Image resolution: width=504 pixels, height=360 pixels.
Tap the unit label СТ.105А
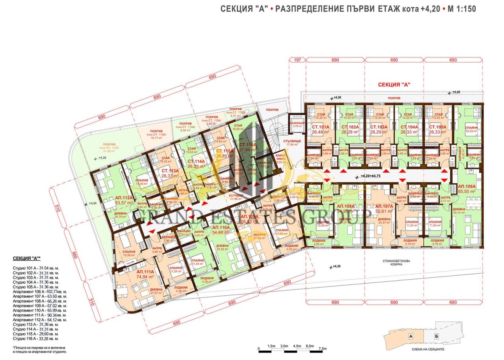(x=437, y=127)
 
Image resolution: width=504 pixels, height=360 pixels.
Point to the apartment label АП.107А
(x=385, y=206)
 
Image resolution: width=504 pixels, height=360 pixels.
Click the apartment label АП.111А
(x=145, y=272)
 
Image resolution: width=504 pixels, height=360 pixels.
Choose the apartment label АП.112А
(x=112, y=197)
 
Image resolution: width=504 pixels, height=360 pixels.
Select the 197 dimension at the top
(x=297, y=60)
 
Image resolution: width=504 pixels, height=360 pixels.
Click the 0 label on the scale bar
(x=259, y=348)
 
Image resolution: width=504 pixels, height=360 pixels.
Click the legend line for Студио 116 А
(x=35, y=338)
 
